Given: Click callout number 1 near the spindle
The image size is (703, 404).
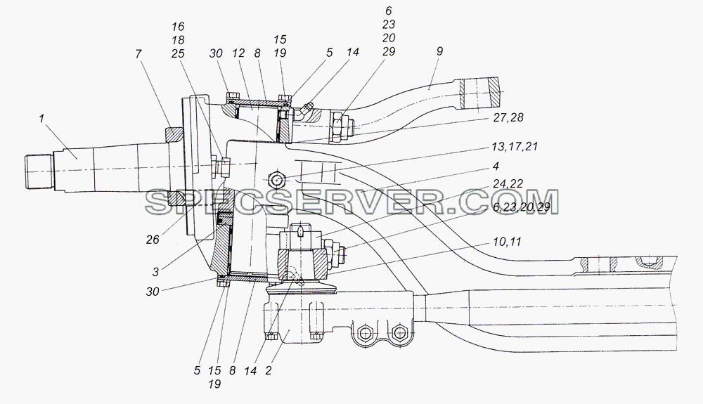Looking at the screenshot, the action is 41,119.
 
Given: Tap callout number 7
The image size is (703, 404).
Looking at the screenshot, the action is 138,54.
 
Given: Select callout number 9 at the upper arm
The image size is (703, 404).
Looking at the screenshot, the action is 439,51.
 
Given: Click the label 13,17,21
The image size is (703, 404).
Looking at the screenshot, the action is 515,146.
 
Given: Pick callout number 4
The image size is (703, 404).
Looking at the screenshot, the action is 496,167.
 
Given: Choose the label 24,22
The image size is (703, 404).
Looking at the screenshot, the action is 508,184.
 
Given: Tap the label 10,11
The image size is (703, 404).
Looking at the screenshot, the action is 507,242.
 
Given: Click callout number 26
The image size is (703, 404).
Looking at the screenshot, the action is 153,240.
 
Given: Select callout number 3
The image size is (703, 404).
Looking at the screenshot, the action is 155,271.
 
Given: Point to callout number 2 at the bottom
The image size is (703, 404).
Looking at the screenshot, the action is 268,370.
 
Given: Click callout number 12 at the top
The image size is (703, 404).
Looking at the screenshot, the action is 238,53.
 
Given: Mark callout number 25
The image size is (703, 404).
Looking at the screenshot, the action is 178,53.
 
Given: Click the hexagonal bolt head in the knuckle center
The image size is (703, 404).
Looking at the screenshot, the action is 276,180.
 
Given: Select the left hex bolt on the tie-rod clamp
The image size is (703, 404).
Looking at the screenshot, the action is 366,332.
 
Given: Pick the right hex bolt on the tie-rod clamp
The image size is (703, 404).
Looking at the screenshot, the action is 398,332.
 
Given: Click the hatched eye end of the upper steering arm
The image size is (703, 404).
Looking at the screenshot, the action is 478,93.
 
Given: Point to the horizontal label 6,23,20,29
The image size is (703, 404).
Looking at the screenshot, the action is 520,209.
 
